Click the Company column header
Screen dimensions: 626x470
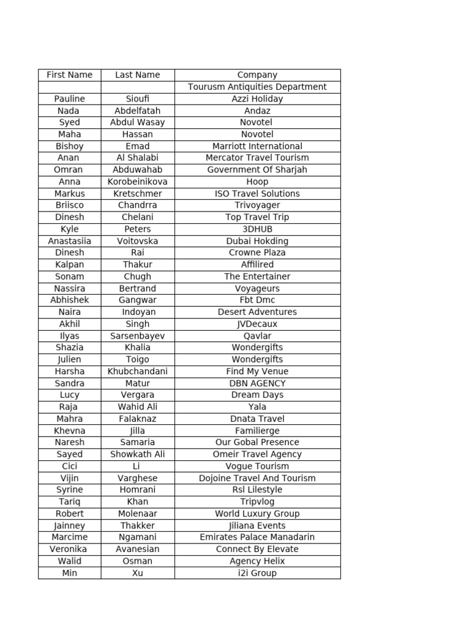257,75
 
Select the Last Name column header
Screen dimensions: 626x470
137,75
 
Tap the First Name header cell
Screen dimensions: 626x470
70,75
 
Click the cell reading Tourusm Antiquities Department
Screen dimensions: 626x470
257,87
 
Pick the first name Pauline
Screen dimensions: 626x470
70,98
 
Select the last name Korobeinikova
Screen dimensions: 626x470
137,182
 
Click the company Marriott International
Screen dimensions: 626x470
257,146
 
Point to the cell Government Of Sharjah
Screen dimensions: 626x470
257,170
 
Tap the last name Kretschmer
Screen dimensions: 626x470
137,194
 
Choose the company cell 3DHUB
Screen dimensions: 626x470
257,229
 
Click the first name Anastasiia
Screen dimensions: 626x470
70,241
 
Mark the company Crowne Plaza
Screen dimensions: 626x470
257,252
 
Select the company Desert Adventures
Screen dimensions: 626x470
257,312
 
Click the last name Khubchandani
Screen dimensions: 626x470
137,371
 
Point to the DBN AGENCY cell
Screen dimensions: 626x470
257,383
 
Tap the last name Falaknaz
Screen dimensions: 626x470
137,419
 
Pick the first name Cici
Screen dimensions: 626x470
70,466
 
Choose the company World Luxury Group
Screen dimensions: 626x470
257,514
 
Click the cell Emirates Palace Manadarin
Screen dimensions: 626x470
257,537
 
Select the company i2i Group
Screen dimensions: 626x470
257,573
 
